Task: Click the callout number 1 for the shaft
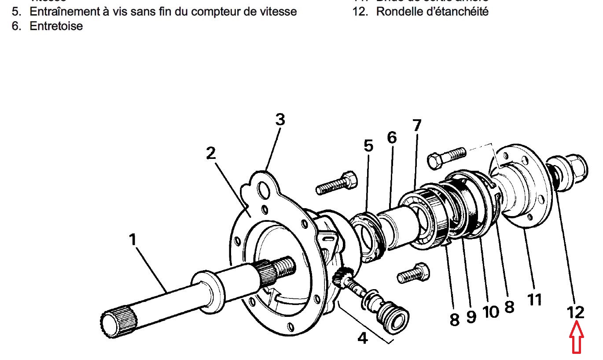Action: point(132,240)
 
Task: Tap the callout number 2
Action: point(211,153)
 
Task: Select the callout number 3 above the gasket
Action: point(280,120)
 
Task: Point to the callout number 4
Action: point(362,338)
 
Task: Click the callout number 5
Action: point(368,146)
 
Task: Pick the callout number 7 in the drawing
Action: point(416,126)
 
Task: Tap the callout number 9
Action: point(471,316)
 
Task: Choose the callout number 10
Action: point(491,312)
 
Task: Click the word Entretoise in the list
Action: point(56,26)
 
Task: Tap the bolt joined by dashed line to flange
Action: point(445,156)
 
